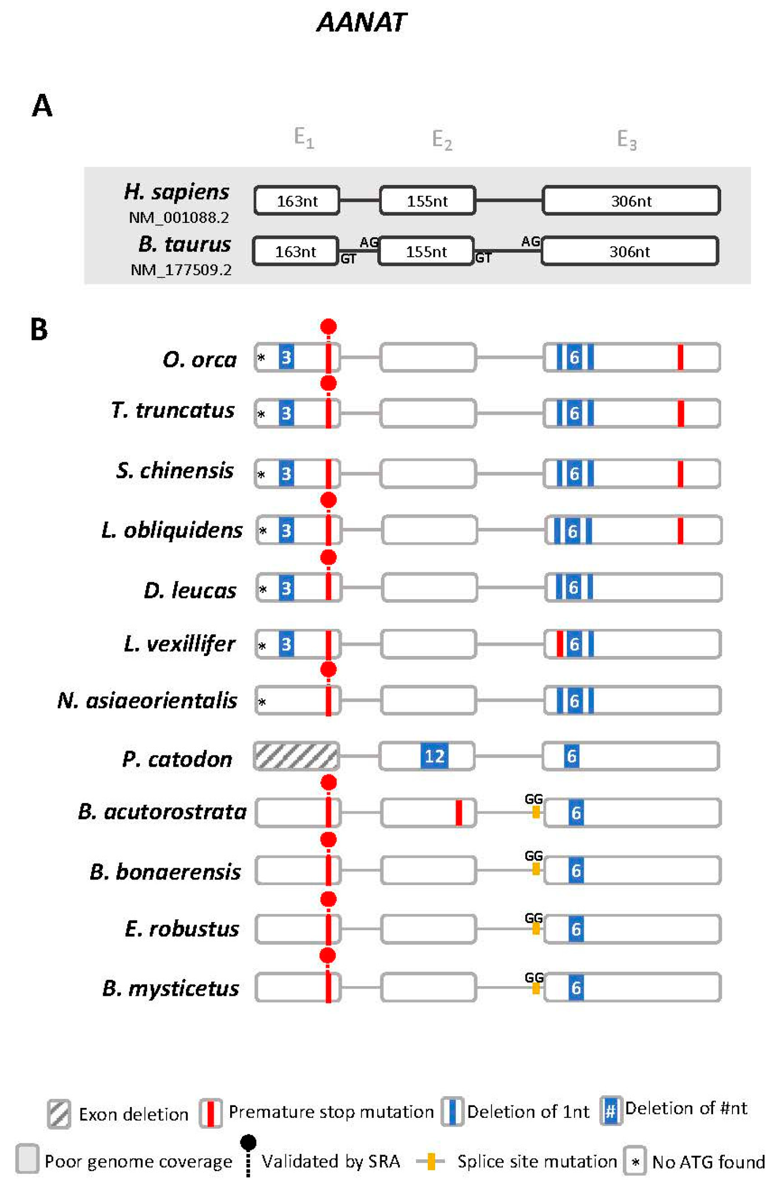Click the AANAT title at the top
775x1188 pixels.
point(361,23)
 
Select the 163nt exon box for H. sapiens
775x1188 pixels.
point(297,200)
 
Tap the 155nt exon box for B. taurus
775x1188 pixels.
point(426,251)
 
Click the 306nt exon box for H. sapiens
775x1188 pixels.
point(631,200)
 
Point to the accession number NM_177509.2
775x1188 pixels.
point(181,270)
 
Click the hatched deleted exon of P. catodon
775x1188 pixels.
point(296,756)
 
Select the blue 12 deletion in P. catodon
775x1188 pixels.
point(434,756)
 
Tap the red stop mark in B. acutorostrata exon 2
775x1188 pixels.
point(459,812)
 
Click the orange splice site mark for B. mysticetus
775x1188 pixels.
point(536,988)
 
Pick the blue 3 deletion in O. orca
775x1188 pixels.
point(287,357)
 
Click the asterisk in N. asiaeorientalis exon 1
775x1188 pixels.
point(262,702)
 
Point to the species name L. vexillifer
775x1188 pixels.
point(179,644)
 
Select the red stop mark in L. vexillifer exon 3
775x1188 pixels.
point(560,644)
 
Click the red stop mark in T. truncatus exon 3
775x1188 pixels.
point(681,413)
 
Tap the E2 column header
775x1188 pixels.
point(442,139)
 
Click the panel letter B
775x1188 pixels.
point(39,329)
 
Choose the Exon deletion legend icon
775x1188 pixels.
point(59,1114)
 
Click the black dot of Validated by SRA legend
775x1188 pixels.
point(248,1141)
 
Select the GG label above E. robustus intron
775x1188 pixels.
point(534,917)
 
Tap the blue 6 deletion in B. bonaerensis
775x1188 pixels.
point(576,870)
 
